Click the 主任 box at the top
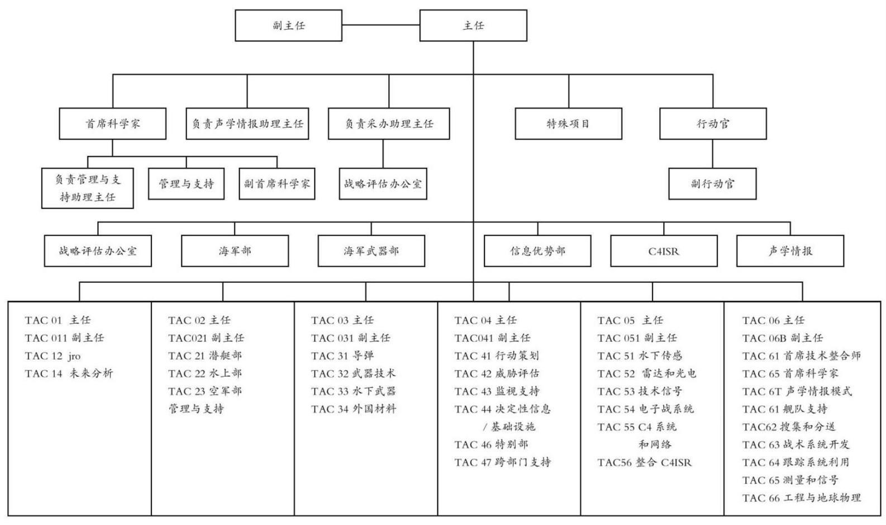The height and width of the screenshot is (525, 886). pyautogui.click(x=473, y=25)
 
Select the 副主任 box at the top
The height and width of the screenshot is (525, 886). pyautogui.click(x=288, y=25)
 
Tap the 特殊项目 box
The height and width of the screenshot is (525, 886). pyautogui.click(x=568, y=124)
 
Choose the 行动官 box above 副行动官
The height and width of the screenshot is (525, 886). pyautogui.click(x=713, y=124)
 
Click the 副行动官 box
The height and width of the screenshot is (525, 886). pyautogui.click(x=712, y=184)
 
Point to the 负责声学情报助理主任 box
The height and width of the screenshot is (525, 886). pyautogui.click(x=247, y=124)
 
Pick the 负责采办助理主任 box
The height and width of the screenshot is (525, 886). pyautogui.click(x=389, y=124)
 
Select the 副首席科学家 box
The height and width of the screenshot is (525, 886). pyautogui.click(x=277, y=184)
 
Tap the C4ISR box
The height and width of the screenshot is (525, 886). pyautogui.click(x=664, y=251)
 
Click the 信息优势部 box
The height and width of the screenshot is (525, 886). pyautogui.click(x=537, y=251)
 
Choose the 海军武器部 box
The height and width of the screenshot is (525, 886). pyautogui.click(x=371, y=251)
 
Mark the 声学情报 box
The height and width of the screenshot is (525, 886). pyautogui.click(x=790, y=251)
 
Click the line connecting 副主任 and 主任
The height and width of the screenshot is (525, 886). pyautogui.click(x=381, y=25)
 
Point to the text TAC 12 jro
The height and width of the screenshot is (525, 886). pyautogui.click(x=53, y=356)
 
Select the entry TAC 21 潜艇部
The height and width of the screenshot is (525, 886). pyautogui.click(x=205, y=356)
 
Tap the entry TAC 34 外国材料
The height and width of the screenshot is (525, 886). pyautogui.click(x=353, y=409)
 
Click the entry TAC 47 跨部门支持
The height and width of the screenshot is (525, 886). pyautogui.click(x=502, y=462)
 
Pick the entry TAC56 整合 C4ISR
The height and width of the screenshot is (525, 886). pyautogui.click(x=644, y=462)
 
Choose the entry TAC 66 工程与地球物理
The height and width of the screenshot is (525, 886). pyautogui.click(x=801, y=498)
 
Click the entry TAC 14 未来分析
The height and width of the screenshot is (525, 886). pyautogui.click(x=69, y=373)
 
